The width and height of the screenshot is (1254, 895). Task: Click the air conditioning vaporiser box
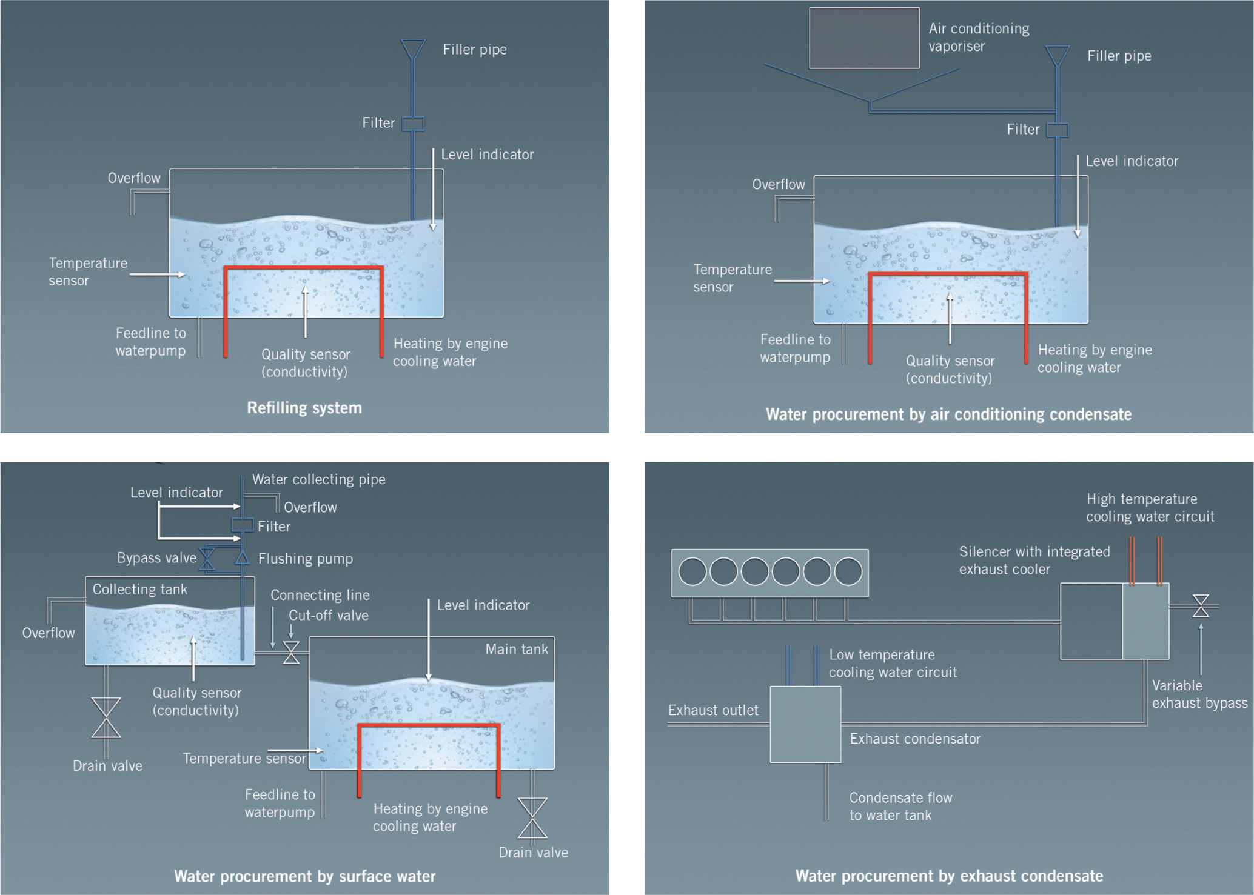tap(864, 38)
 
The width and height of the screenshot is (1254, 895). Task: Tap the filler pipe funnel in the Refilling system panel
tap(413, 49)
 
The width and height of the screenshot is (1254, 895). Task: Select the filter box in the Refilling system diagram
tap(413, 124)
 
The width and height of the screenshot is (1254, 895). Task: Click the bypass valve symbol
tap(207, 559)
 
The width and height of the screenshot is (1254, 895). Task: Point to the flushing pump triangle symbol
tap(242, 557)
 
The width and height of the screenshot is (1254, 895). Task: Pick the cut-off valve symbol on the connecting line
tap(291, 653)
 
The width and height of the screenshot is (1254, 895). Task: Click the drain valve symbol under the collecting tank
tap(106, 718)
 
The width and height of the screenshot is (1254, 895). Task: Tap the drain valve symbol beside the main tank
tap(532, 818)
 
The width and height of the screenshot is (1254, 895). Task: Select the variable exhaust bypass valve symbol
tap(1201, 605)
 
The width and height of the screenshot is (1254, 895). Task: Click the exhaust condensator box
tap(805, 724)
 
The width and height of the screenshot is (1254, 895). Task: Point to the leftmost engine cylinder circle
tap(692, 572)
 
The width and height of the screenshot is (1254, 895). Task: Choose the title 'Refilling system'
tap(304, 408)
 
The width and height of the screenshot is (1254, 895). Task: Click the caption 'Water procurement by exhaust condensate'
tap(949, 876)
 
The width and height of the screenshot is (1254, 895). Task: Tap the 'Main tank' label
tap(517, 650)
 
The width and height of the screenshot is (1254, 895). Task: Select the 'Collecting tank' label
tap(139, 590)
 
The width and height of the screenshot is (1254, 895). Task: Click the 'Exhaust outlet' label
tap(713, 710)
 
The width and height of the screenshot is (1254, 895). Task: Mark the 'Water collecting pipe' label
tap(319, 480)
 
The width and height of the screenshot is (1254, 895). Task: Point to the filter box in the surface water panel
tap(243, 525)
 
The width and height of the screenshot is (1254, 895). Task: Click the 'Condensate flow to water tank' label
tap(900, 807)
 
